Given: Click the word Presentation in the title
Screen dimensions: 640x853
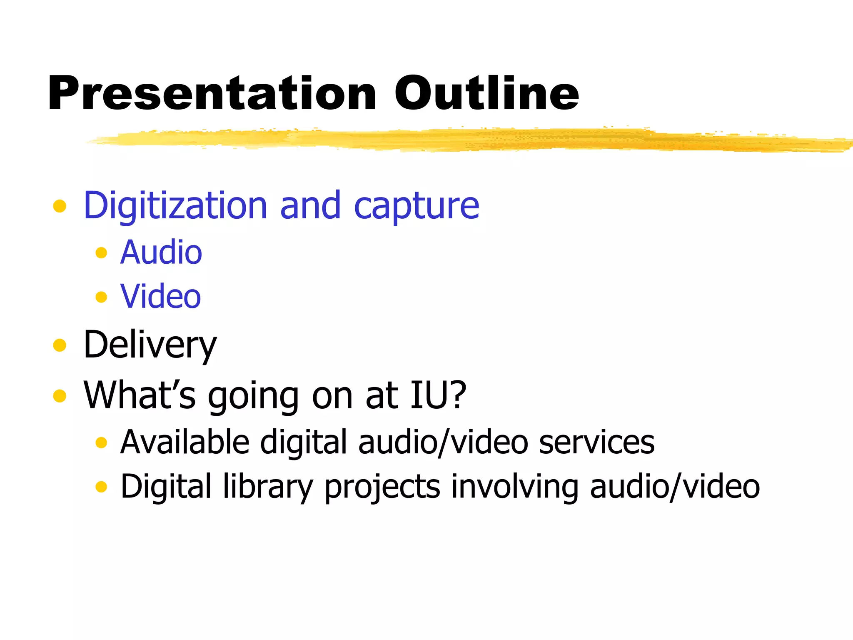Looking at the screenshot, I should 212,94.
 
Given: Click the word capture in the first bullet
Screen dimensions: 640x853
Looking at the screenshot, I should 417,206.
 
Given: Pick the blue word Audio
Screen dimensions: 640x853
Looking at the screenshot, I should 161,252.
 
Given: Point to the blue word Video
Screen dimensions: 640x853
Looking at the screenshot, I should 160,296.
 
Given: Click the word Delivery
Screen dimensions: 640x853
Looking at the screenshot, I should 150,345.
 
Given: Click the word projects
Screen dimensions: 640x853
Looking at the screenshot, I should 382,487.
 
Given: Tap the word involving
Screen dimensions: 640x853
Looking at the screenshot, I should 515,486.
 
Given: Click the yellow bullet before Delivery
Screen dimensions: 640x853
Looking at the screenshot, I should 60,345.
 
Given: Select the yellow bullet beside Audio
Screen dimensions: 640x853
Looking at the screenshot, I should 101,252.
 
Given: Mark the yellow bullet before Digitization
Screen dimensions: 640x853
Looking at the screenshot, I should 60,206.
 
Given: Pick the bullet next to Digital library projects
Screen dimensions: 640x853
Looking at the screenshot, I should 101,486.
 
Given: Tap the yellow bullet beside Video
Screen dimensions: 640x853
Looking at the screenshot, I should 101,297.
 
